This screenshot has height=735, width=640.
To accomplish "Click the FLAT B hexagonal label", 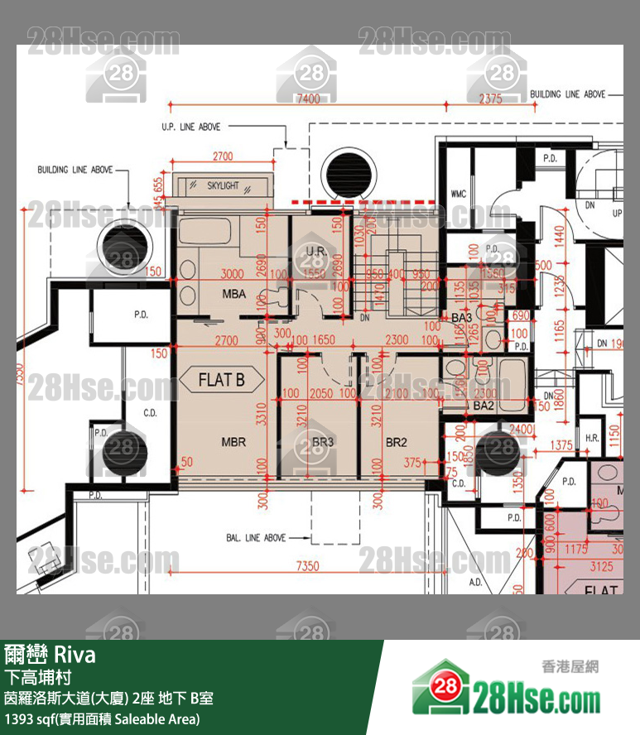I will click(x=222, y=381).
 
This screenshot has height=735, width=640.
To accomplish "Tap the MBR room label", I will click(x=233, y=442).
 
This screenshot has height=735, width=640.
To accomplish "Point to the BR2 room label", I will click(x=397, y=443).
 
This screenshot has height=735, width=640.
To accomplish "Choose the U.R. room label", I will click(x=314, y=250).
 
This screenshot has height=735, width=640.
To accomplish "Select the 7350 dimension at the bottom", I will click(x=307, y=566).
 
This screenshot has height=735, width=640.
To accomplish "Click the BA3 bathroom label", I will click(x=461, y=317).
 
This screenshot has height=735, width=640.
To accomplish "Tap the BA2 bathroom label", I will click(x=484, y=406).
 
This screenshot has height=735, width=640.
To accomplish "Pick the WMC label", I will click(x=458, y=194).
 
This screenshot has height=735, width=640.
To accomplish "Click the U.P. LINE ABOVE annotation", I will click(x=191, y=127).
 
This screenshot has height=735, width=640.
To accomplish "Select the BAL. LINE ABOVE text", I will click(x=256, y=538).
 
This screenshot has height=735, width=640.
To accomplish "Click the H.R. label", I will click(x=592, y=437).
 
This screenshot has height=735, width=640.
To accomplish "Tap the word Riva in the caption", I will click(x=75, y=656).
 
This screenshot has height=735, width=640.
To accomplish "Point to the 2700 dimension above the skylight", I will click(x=223, y=156).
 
